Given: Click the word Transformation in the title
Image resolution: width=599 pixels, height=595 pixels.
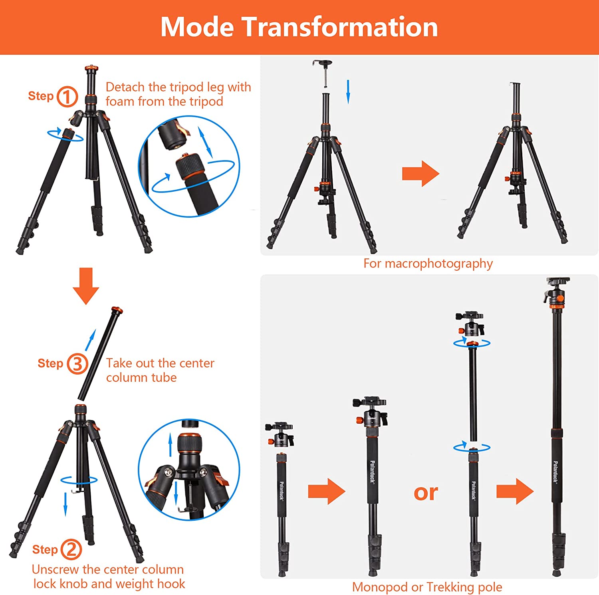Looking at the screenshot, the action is [340, 27].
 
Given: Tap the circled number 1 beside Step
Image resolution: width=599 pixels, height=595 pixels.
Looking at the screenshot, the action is [67, 97].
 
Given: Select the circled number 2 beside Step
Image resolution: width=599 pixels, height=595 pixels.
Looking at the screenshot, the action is [71, 549].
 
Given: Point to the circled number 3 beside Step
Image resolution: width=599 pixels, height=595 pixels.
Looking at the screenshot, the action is [77, 364].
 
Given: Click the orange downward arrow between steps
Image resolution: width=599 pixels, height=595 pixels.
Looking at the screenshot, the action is [86, 286].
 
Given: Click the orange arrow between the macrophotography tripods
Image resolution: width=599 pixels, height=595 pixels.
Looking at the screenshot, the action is [420, 174].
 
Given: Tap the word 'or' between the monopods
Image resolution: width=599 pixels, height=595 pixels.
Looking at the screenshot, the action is [426, 492].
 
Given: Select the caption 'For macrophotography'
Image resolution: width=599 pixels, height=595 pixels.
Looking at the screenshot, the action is [428, 264].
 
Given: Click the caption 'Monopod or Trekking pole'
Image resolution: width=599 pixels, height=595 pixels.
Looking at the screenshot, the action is [427, 587].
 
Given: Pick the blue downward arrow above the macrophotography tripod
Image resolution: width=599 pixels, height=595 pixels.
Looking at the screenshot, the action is [348, 91].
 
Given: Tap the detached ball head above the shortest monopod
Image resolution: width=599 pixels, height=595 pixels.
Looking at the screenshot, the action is [280, 434].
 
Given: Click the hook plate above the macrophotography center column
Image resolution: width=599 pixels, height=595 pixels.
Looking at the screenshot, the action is [323, 63].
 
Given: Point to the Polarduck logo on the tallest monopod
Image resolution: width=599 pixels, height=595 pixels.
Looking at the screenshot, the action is [555, 472].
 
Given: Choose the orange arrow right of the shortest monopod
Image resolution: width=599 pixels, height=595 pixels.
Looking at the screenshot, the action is [327, 491].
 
